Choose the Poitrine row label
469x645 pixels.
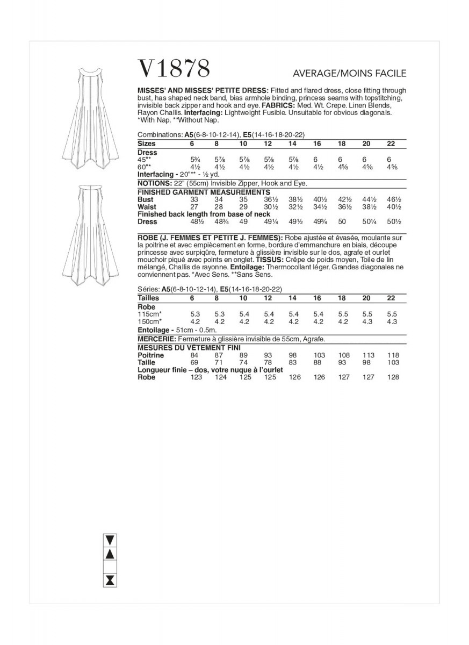(x=150, y=355)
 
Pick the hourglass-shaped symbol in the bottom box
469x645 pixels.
(x=110, y=579)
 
